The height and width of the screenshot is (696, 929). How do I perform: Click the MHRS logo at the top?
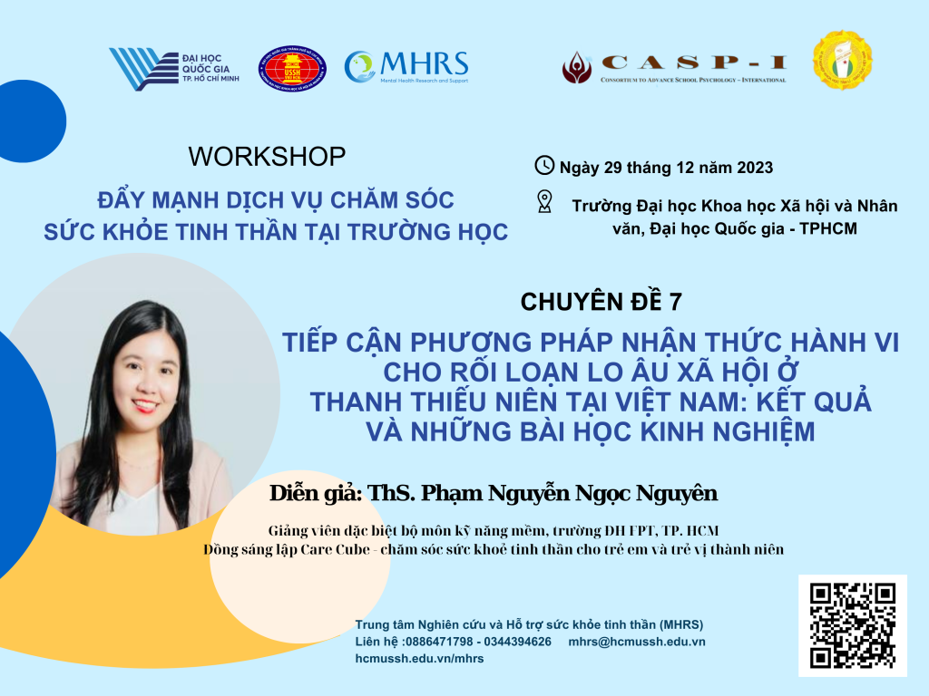pyautogui.click(x=406, y=67)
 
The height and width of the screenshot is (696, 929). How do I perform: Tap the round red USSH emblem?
pyautogui.click(x=292, y=69)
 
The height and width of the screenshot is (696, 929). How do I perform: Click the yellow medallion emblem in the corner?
pyautogui.click(x=843, y=61)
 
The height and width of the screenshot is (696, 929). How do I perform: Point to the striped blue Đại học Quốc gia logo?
pyautogui.click(x=173, y=69)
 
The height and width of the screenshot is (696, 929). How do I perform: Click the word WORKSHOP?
pyautogui.click(x=268, y=157)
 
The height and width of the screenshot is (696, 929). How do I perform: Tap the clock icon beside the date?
pyautogui.click(x=544, y=166)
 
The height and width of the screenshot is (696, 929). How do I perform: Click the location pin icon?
pyautogui.click(x=544, y=201)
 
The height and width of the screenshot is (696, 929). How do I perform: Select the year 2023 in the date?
pyautogui.click(x=755, y=168)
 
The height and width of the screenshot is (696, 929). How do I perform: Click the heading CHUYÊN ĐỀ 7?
pyautogui.click(x=601, y=302)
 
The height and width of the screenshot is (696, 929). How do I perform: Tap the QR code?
pyautogui.click(x=853, y=625)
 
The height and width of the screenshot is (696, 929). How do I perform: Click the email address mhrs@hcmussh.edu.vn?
pyautogui.click(x=637, y=642)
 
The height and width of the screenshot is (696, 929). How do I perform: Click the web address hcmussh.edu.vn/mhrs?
pyautogui.click(x=419, y=659)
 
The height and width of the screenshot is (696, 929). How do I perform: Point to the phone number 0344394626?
pyautogui.click(x=518, y=642)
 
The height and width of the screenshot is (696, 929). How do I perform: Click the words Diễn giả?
pyautogui.click(x=315, y=493)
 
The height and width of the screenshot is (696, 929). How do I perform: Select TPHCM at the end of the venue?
pyautogui.click(x=828, y=228)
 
